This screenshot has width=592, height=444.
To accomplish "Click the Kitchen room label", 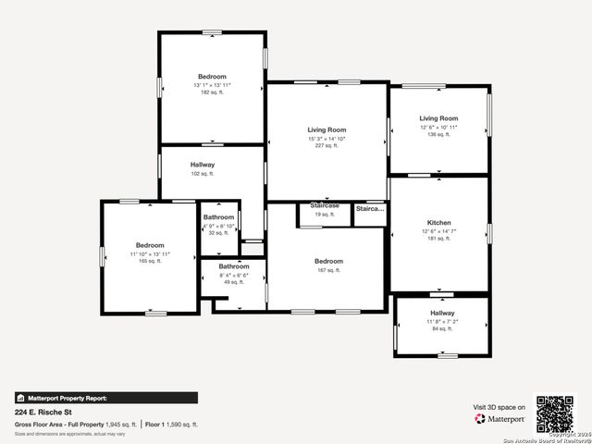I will (x=438, y=223).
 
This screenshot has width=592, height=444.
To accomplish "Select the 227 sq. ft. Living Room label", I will (x=327, y=129).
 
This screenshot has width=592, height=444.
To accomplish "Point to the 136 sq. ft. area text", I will (x=438, y=134).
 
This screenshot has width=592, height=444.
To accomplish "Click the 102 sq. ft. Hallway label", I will (x=203, y=173).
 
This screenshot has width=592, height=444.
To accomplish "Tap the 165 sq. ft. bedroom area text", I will (x=150, y=261).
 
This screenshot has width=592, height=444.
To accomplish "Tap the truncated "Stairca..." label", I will (x=370, y=209).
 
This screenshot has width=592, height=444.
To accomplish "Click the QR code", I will (x=555, y=413).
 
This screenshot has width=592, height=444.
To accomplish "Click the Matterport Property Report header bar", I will (x=105, y=398).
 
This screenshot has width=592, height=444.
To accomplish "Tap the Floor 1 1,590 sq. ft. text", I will (x=171, y=424).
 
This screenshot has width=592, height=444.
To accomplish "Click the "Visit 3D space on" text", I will (x=499, y=407).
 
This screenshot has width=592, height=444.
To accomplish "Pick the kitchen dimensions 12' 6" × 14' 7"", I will (x=438, y=231).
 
